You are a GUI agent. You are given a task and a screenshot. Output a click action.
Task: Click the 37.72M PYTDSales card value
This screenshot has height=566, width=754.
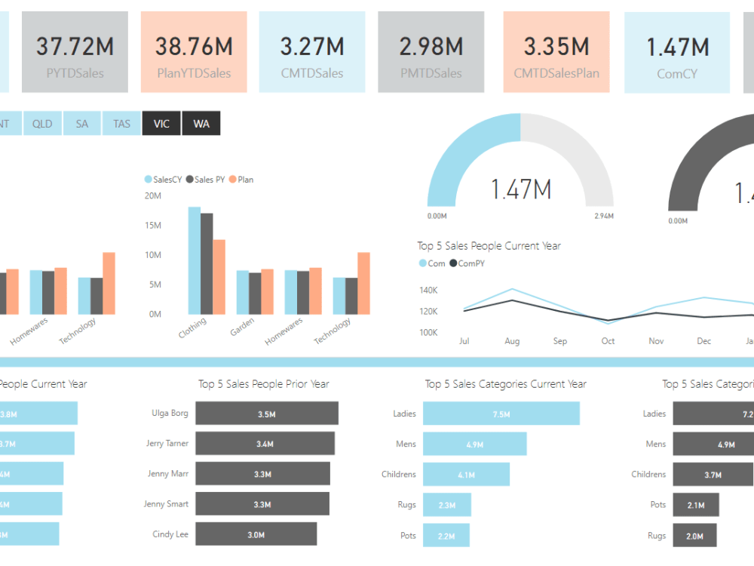click(75, 47)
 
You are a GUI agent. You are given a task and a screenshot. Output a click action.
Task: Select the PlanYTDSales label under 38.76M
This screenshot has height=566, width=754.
click(194, 73)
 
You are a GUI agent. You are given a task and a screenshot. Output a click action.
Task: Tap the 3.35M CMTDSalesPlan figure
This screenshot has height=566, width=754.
click(556, 47)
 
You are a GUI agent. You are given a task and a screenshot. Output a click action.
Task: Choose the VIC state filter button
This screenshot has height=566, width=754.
click(161, 124)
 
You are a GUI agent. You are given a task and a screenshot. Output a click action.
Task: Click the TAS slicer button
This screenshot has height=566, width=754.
click(121, 124)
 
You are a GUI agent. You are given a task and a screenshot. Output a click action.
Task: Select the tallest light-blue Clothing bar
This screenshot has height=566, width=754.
click(195, 260)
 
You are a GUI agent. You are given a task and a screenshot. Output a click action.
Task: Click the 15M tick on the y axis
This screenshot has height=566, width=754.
click(152, 226)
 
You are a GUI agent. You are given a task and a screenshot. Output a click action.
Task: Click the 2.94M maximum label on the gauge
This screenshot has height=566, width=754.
click(603, 217)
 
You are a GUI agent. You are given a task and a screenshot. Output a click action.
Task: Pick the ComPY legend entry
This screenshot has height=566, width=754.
click(467, 263)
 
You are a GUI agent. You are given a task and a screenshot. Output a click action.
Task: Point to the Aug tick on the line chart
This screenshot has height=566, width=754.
click(512, 341)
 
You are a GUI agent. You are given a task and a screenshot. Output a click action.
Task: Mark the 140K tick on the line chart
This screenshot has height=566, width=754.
click(428, 291)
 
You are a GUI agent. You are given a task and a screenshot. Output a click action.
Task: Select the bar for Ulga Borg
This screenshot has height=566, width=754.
click(266, 414)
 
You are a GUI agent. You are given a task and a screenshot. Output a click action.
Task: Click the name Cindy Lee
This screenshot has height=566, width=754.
click(170, 534)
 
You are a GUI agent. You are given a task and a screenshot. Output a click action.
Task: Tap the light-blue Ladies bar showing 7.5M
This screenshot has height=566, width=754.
click(501, 414)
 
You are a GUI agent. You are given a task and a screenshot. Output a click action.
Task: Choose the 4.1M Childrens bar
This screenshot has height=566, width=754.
click(466, 475)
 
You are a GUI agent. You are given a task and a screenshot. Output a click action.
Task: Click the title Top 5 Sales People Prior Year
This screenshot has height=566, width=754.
click(263, 384)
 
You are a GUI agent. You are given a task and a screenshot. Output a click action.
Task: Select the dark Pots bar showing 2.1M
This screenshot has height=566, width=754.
click(695, 505)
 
